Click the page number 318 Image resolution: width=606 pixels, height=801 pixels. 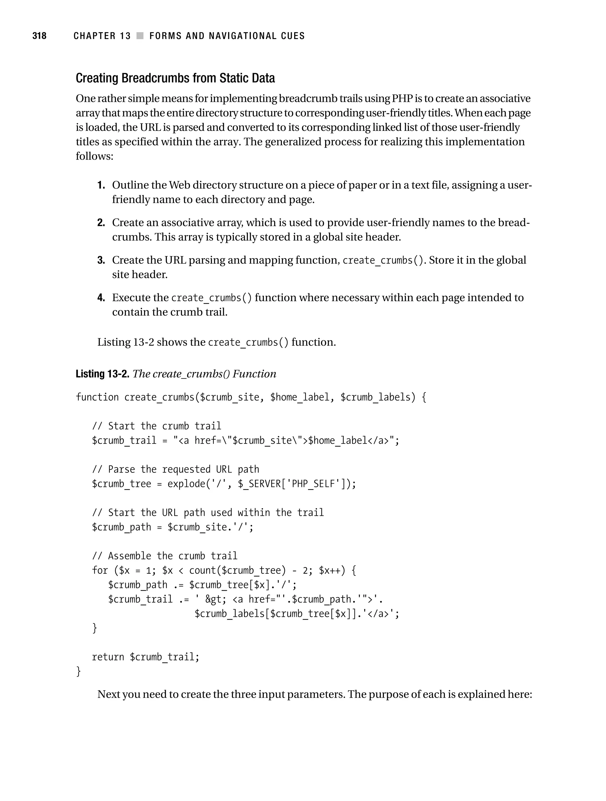click(x=39, y=36)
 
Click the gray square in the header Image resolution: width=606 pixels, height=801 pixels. click(x=140, y=36)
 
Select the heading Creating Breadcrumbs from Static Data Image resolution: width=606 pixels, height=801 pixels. click(x=175, y=78)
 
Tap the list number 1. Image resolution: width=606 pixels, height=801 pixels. click(x=101, y=185)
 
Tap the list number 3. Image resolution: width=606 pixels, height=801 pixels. click(x=101, y=260)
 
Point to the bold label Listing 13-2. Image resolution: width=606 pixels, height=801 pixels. click(x=102, y=374)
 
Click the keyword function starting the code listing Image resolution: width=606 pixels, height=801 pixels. click(x=97, y=397)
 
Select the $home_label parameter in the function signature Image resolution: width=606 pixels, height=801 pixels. click(x=300, y=397)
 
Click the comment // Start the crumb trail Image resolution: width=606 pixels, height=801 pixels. click(x=157, y=426)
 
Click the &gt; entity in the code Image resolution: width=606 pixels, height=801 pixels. click(x=216, y=599)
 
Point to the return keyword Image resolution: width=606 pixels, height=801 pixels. click(x=108, y=657)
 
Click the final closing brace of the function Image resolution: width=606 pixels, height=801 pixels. click(x=78, y=671)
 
